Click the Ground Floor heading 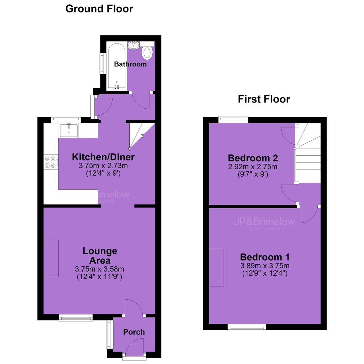[x=99, y=9]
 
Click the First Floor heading [x=264, y=99]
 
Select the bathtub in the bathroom [x=117, y=66]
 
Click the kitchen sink [x=69, y=130]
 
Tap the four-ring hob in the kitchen [x=51, y=162]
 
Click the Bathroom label [x=130, y=64]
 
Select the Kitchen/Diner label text [x=103, y=157]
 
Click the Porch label [x=134, y=332]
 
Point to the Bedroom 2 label [x=253, y=158]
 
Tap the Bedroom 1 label [x=265, y=257]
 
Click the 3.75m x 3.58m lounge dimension [x=99, y=269]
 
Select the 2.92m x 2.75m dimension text [x=253, y=167]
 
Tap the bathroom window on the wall [x=101, y=64]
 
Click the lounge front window [x=76, y=317]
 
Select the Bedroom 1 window [x=247, y=327]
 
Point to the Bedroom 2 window [x=233, y=120]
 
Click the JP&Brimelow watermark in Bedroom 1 [x=265, y=222]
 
